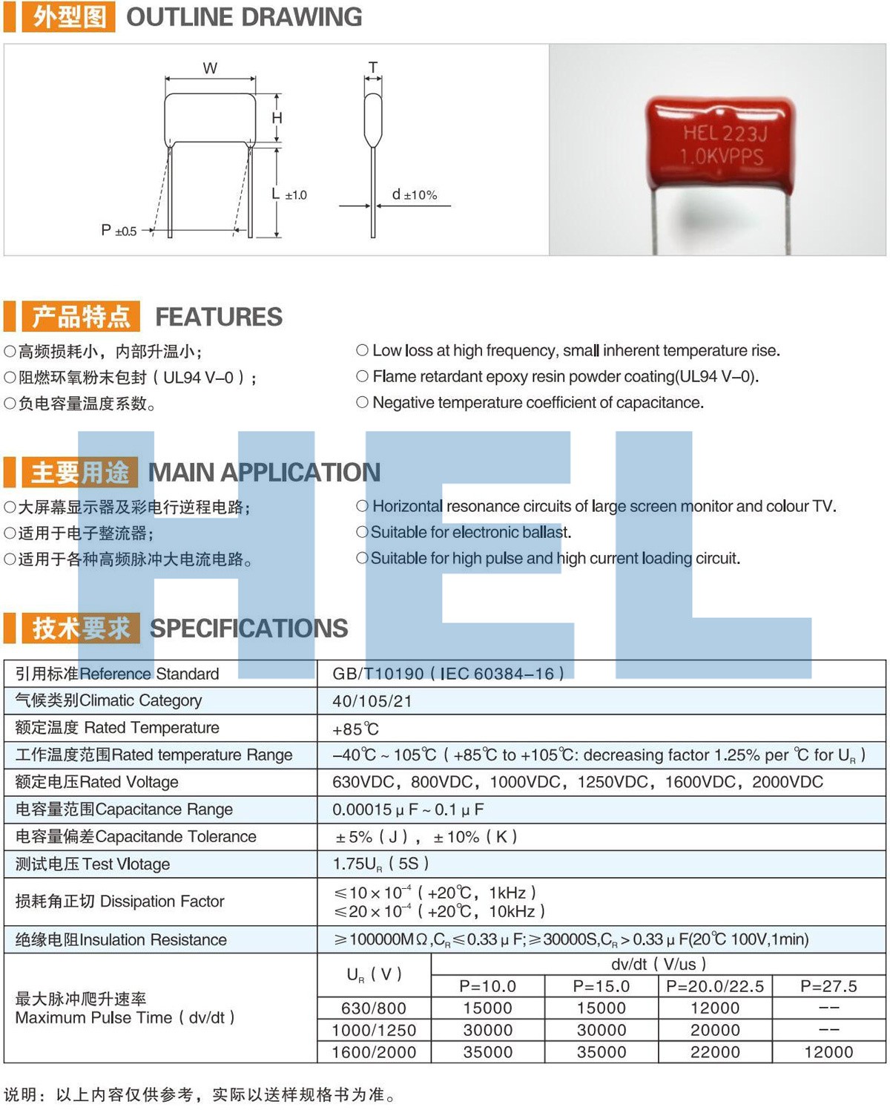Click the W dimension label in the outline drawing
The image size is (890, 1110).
pyautogui.click(x=210, y=68)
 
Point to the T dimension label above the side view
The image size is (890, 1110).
pyautogui.click(x=373, y=68)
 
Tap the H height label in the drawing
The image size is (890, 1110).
pyautogui.click(x=277, y=118)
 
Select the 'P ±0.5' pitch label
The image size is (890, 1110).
pyautogui.click(x=119, y=231)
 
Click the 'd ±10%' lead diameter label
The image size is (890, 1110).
pyautogui.click(x=415, y=194)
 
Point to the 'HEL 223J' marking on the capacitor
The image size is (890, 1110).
pyautogui.click(x=725, y=134)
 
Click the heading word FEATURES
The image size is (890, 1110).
pyautogui.click(x=219, y=317)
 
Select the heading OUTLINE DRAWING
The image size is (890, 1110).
pyautogui.click(x=244, y=17)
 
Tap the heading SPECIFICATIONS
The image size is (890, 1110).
pyautogui.click(x=249, y=628)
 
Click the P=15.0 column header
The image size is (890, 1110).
pyautogui.click(x=601, y=986)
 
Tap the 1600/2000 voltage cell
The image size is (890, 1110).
pyautogui.click(x=374, y=1052)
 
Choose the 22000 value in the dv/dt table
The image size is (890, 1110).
pyautogui.click(x=715, y=1052)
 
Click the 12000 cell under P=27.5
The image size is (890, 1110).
pyautogui.click(x=828, y=1052)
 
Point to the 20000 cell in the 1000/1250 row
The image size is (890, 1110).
pyautogui.click(x=715, y=1030)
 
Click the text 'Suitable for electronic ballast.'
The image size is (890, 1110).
pyautogui.click(x=470, y=532)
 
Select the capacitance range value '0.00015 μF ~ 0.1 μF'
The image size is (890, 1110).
pyautogui.click(x=408, y=809)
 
